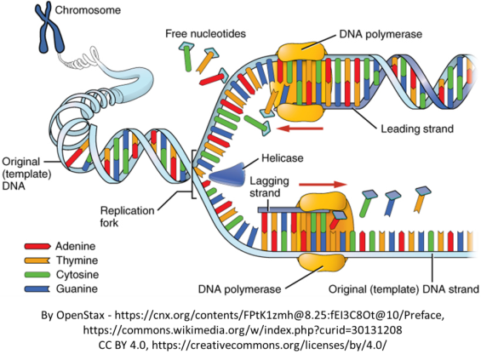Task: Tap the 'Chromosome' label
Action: pyautogui.click(x=88, y=10)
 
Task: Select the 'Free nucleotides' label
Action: pyautogui.click(x=205, y=33)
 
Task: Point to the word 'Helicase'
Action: pyautogui.click(x=283, y=158)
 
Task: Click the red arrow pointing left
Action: pyautogui.click(x=300, y=129)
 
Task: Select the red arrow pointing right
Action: pyautogui.click(x=323, y=184)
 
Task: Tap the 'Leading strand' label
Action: pyautogui.click(x=417, y=129)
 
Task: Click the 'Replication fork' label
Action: pyautogui.click(x=127, y=216)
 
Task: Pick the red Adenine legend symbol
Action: pyautogui.click(x=37, y=246)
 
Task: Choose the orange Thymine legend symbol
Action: pyautogui.click(x=37, y=260)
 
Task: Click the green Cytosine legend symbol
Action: pyautogui.click(x=37, y=274)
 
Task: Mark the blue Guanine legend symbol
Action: pyautogui.click(x=37, y=289)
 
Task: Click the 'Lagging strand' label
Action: pyautogui.click(x=269, y=186)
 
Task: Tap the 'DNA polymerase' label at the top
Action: pyautogui.click(x=381, y=34)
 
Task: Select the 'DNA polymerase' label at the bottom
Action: pyautogui.click(x=239, y=289)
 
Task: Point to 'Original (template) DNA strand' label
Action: pyautogui.click(x=404, y=289)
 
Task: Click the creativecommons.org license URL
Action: pyautogui.click(x=269, y=345)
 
